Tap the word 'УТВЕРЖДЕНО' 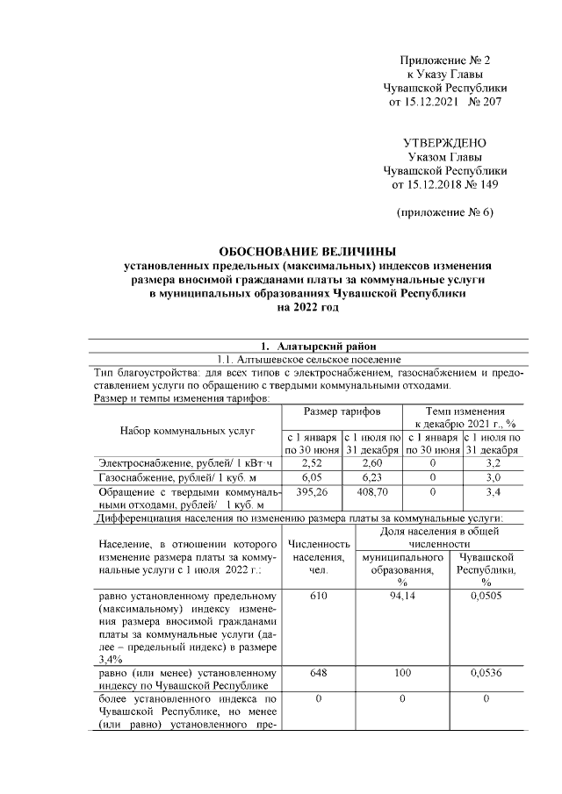pyautogui.click(x=444, y=142)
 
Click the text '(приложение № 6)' pyautogui.click(x=445, y=212)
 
